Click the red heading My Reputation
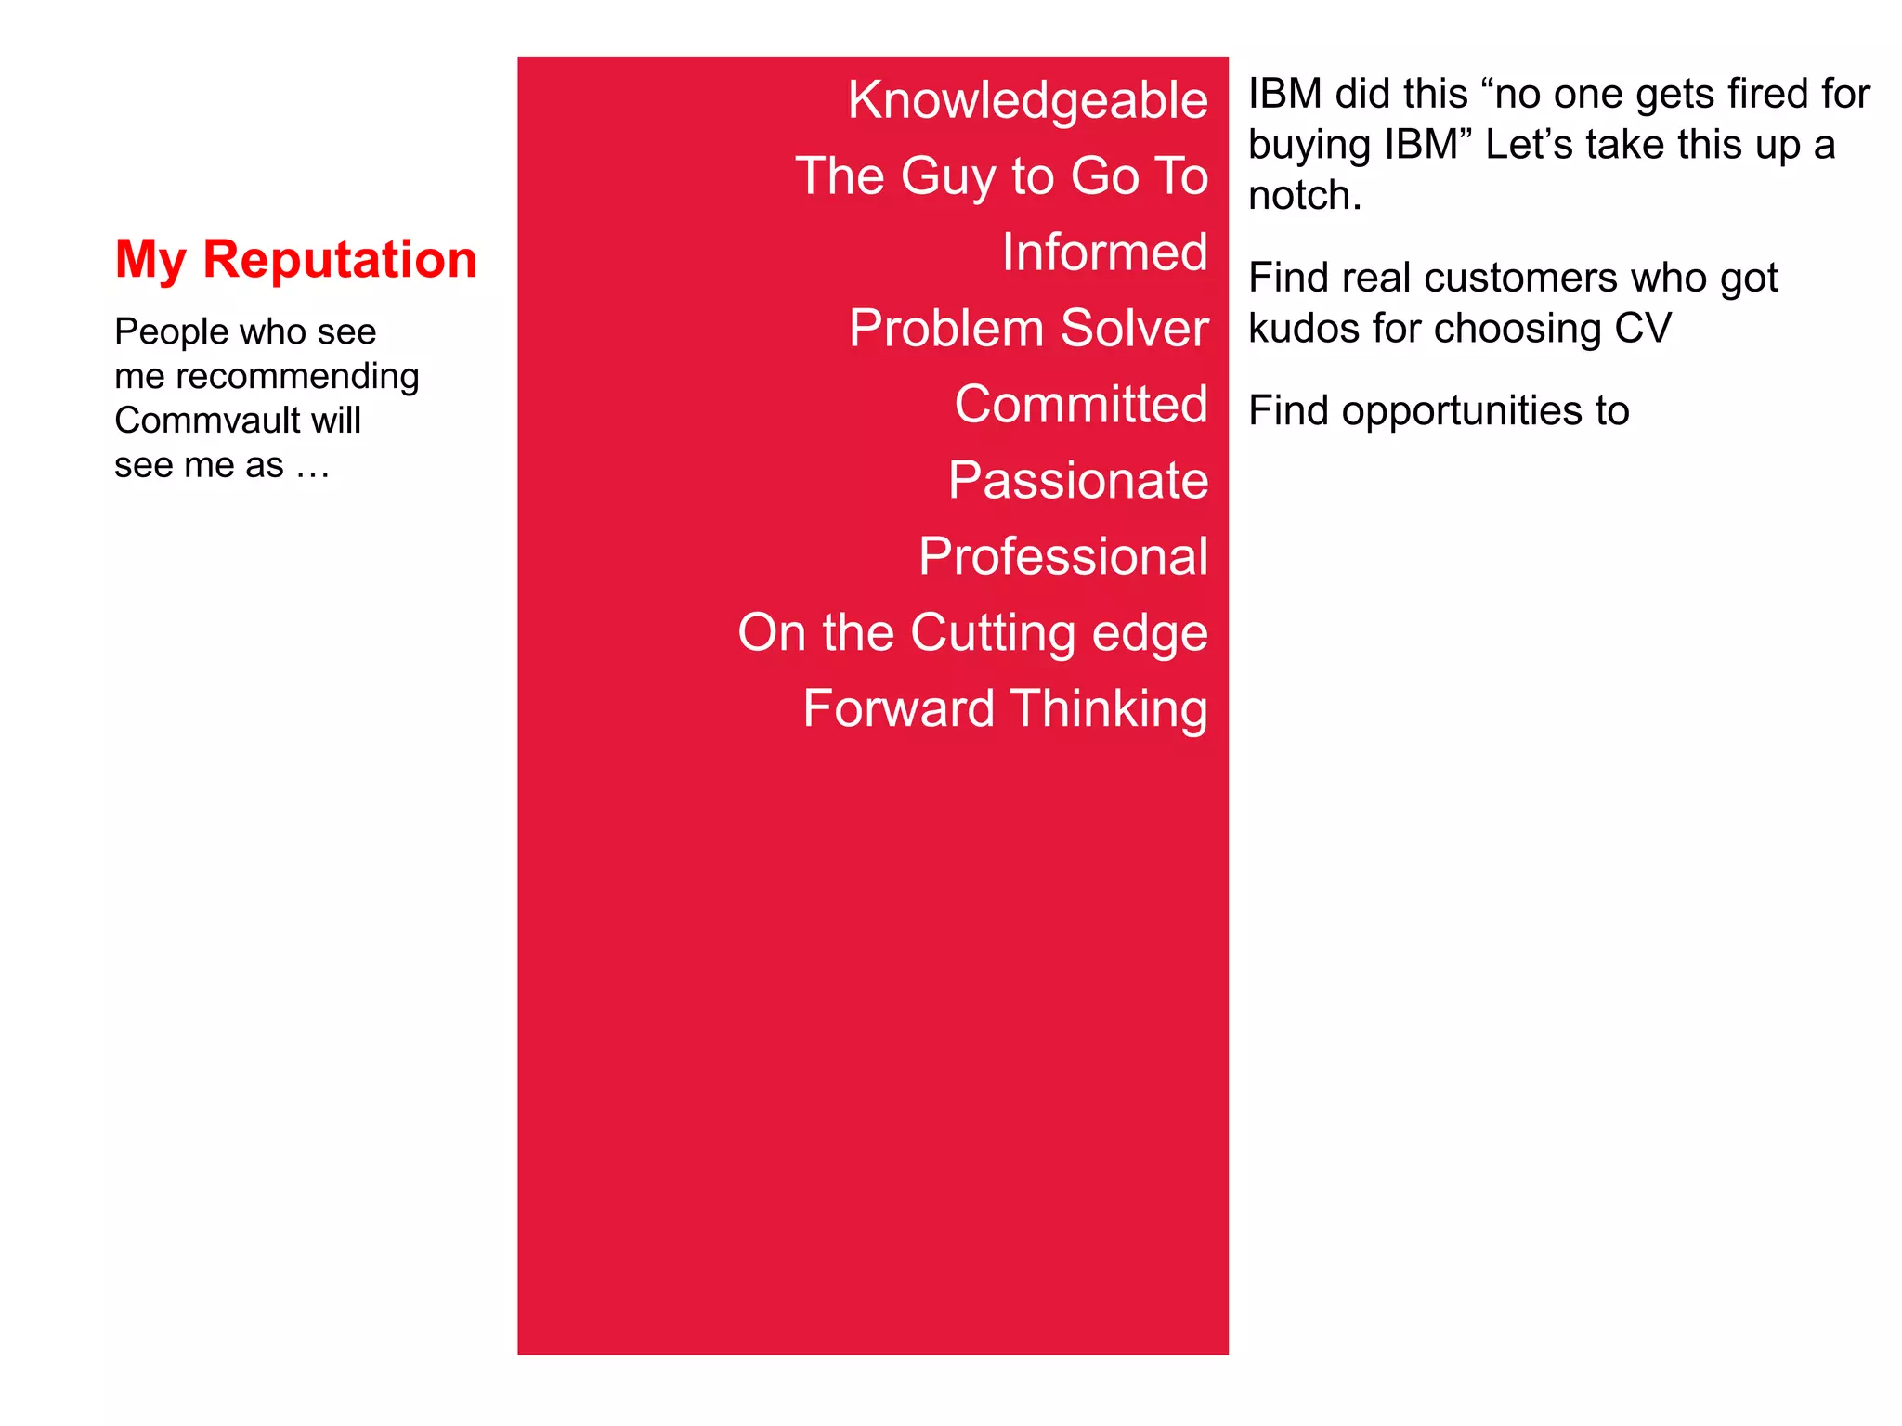tap(295, 259)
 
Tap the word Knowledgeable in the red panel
tap(1027, 100)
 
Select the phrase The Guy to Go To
tap(1001, 176)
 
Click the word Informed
tap(1104, 253)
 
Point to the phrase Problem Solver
tap(1028, 329)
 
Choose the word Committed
tap(1080, 405)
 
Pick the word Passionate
tap(1077, 481)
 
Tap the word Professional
tap(1062, 557)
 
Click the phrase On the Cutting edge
tap(972, 633)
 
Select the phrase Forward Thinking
tap(1005, 709)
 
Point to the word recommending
tap(297, 376)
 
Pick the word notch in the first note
tap(1297, 196)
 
